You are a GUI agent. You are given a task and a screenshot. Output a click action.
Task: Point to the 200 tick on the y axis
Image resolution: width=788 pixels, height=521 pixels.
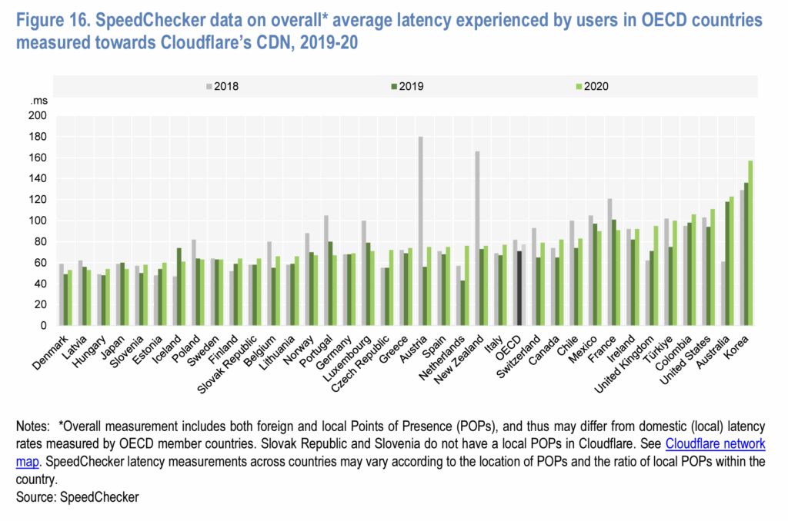39,116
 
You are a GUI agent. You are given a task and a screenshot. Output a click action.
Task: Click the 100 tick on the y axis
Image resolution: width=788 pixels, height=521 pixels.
39,221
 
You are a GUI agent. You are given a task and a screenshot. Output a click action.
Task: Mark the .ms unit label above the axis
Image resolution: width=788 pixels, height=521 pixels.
38,102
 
